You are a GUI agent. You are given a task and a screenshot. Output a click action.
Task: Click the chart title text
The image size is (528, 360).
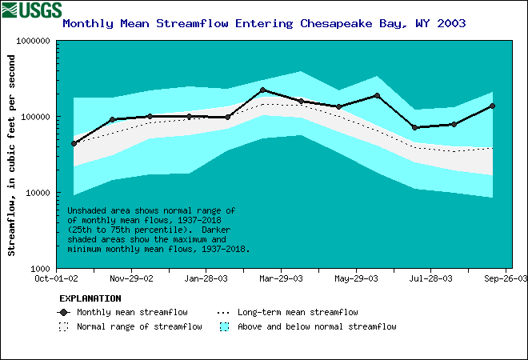click(264, 23)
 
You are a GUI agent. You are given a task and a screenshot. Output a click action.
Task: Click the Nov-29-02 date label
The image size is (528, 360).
click(130, 278)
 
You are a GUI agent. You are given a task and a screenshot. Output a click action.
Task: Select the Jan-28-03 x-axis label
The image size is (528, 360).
click(206, 278)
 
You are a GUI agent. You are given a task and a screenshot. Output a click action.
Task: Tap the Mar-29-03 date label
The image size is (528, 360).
click(281, 278)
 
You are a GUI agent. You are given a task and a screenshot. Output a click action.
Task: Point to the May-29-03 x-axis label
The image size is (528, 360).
click(356, 278)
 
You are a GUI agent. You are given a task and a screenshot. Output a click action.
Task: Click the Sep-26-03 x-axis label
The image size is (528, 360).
click(506, 278)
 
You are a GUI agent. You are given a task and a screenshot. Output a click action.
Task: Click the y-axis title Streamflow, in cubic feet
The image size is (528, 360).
click(12, 155)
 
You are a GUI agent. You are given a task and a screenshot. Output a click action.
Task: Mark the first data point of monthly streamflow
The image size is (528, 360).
click(74, 143)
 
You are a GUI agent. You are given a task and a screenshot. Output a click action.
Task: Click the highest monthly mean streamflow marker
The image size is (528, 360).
click(263, 90)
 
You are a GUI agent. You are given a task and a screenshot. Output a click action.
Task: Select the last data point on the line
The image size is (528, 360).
click(491, 106)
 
